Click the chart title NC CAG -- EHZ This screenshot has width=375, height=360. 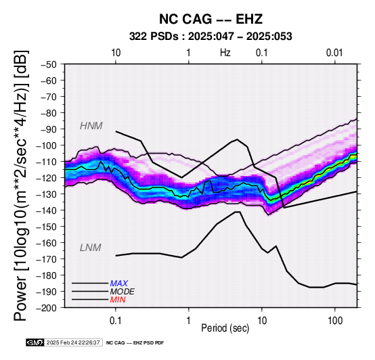[211, 19]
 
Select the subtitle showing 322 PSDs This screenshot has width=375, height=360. [211, 37]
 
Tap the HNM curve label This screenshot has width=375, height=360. [91, 126]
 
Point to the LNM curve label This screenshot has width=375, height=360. [91, 248]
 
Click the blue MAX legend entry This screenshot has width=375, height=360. [119, 284]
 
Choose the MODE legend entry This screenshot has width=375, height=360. [123, 292]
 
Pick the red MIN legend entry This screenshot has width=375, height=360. [118, 300]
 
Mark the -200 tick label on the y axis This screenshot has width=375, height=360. [47, 308]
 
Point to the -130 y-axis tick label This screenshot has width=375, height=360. [47, 194]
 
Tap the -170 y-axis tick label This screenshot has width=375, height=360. [47, 259]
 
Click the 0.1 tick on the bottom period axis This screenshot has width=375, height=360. [116, 321]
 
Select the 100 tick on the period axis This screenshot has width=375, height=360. [335, 321]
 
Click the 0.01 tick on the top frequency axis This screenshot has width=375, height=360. [334, 53]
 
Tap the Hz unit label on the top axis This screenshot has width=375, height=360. [225, 53]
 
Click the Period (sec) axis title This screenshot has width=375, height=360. [225, 328]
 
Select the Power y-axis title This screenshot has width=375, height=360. [21, 185]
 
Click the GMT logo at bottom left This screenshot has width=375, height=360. [35, 342]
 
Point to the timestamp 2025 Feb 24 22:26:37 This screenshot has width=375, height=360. [73, 342]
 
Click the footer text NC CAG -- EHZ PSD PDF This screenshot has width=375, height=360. [135, 343]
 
